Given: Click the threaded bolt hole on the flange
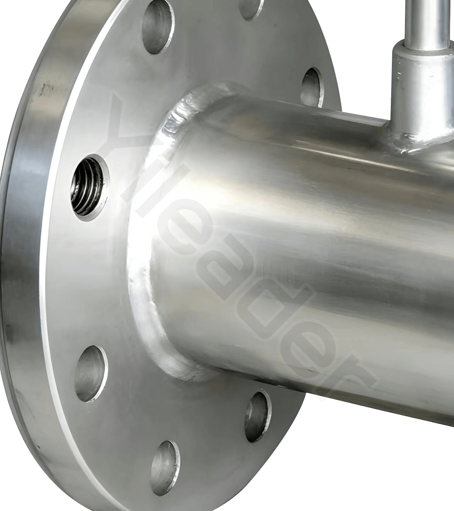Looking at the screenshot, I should point(90,187).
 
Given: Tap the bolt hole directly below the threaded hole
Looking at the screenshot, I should point(91,373).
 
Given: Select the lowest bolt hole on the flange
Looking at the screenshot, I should point(165,468).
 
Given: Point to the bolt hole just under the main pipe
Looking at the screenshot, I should point(258,416).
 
